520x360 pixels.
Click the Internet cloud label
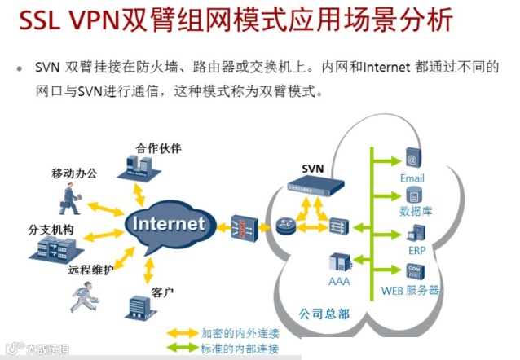tap(168, 223)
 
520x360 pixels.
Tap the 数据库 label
tap(416, 212)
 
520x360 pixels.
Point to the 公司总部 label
tap(321, 312)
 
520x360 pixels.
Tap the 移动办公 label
tap(74, 173)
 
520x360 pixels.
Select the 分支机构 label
tap(51, 229)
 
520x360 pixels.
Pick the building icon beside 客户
tap(134, 307)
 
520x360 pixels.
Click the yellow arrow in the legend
tap(182, 332)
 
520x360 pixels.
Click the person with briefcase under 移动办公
tap(71, 195)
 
